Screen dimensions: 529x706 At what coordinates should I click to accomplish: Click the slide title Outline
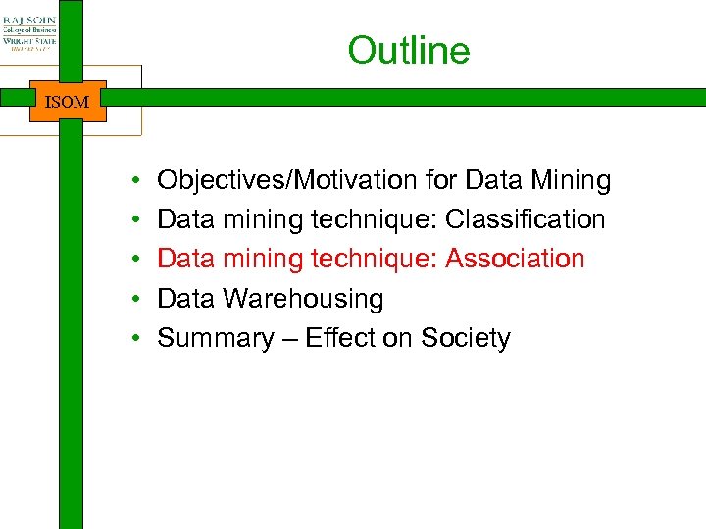(408, 51)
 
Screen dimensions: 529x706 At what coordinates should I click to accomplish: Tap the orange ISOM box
(68, 101)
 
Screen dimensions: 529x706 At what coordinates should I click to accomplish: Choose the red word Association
(515, 259)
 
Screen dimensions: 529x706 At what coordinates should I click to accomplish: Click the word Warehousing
(303, 299)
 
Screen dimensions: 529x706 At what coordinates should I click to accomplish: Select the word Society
(466, 338)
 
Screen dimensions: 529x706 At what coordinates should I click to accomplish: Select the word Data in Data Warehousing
(186, 299)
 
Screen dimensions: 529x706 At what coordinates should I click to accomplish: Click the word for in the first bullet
(442, 181)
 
